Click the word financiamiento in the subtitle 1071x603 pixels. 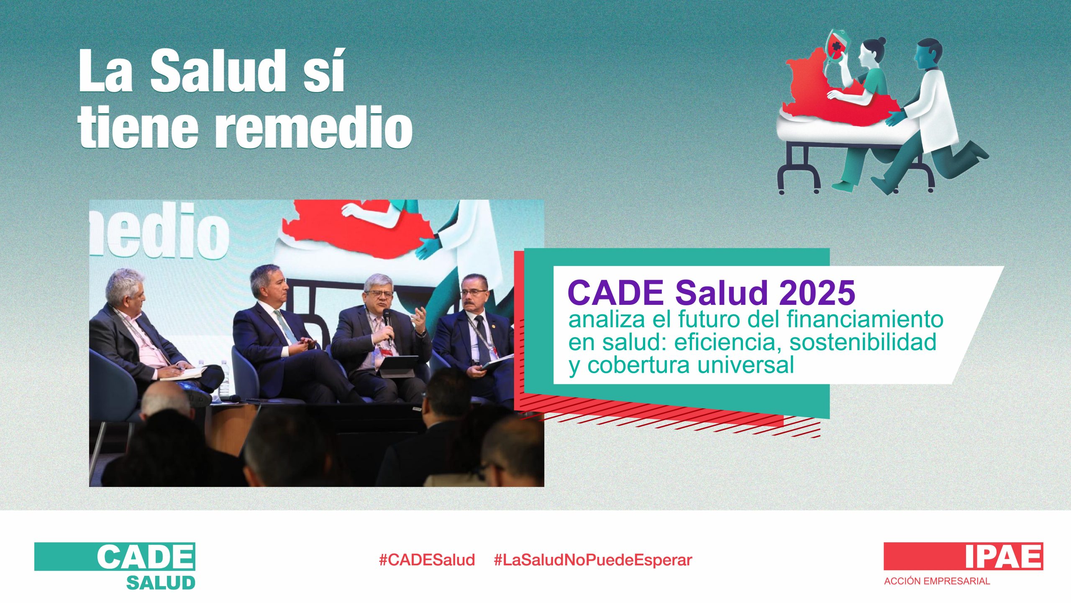click(x=865, y=320)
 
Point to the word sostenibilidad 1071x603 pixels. click(x=863, y=342)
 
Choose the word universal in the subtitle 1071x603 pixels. click(x=745, y=364)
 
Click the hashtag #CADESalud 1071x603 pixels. click(x=427, y=560)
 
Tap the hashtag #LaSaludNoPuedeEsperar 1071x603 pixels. click(x=593, y=560)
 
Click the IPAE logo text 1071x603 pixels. click(x=1003, y=556)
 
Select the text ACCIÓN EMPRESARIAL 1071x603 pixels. click(x=937, y=581)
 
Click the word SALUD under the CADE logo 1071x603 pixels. click(x=161, y=582)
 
